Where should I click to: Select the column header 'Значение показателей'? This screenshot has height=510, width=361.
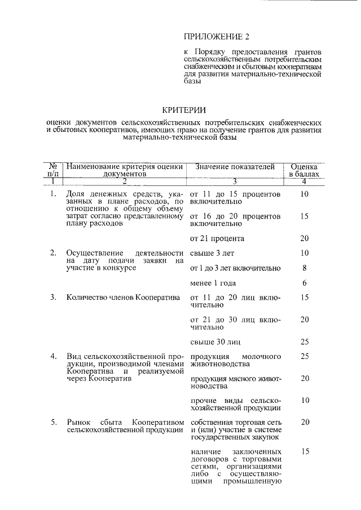235,167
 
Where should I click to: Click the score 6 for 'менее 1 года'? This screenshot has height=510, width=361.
304,283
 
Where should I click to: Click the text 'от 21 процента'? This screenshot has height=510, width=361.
217,238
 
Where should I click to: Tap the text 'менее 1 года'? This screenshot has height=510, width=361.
213,283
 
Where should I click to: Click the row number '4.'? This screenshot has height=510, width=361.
54,357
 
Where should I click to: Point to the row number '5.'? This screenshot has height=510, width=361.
54,422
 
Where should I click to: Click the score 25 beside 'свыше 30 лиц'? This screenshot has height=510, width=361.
304,342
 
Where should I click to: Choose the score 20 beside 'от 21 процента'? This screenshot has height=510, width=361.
304,238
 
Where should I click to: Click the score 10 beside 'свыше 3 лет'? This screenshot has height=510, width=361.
304,253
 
